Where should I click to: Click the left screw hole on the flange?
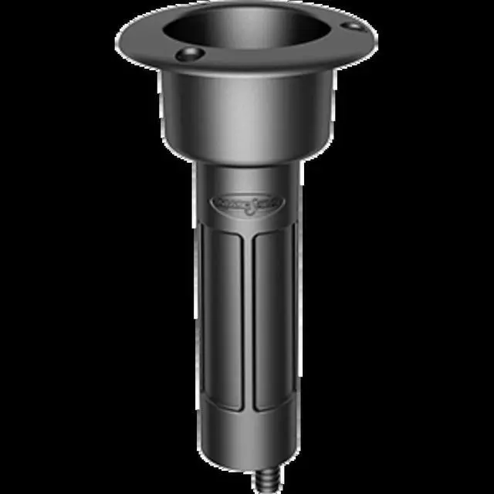(190, 55)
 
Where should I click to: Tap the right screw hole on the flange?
(353, 26)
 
